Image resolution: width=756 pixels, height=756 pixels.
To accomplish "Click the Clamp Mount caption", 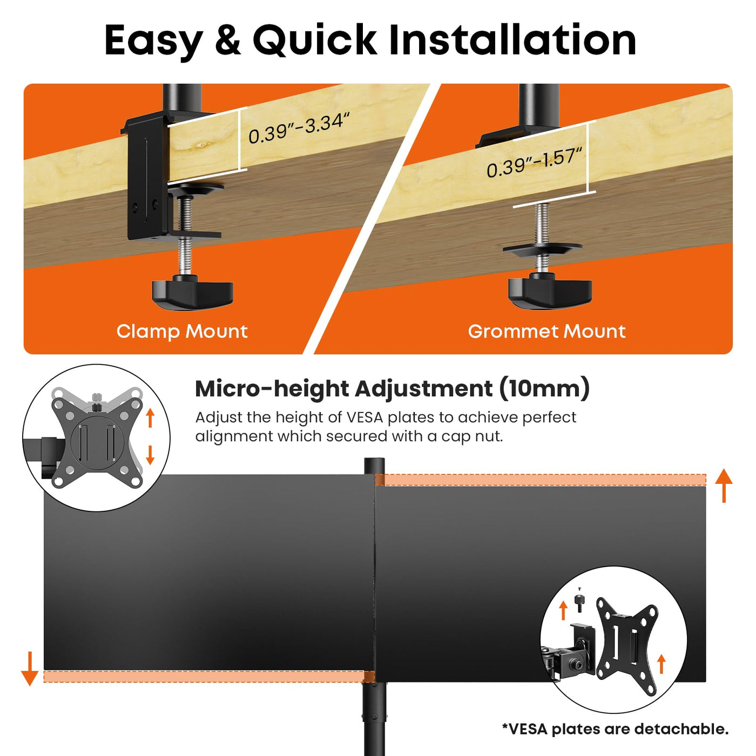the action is tap(182, 331).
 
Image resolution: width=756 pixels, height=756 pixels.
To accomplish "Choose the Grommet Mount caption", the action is tap(546, 331).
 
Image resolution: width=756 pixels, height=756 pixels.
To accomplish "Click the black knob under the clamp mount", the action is tap(193, 292).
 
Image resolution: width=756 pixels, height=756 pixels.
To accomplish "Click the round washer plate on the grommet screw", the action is tap(542, 249).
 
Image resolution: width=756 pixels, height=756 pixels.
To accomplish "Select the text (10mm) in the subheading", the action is tap(544, 389).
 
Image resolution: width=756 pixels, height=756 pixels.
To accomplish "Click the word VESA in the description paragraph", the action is tap(365, 417).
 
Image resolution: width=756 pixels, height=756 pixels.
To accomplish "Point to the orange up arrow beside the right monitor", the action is tap(724, 485).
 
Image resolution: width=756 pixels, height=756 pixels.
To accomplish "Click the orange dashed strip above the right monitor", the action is tap(541, 480).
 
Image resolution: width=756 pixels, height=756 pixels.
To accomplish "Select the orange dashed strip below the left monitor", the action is tap(209, 676).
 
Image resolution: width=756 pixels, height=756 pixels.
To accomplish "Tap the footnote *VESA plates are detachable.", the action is tap(615, 729).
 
